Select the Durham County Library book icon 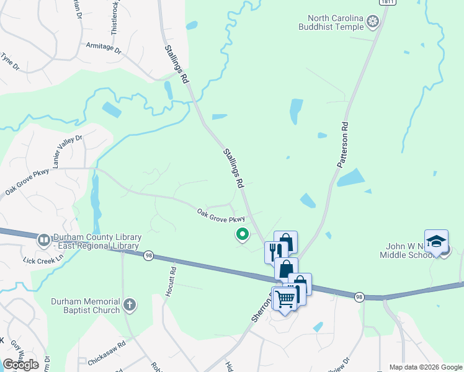point(43,239)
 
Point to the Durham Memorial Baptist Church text point(85,305)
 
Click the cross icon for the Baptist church point(129,304)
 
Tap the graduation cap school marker point(436,241)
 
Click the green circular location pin point(242,234)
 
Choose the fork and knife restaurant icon point(274,251)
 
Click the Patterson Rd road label point(342,145)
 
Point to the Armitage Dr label point(103,46)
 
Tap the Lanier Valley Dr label point(68,152)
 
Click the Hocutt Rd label point(174,279)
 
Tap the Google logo point(20,364)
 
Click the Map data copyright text point(426,367)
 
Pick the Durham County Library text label point(97,242)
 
